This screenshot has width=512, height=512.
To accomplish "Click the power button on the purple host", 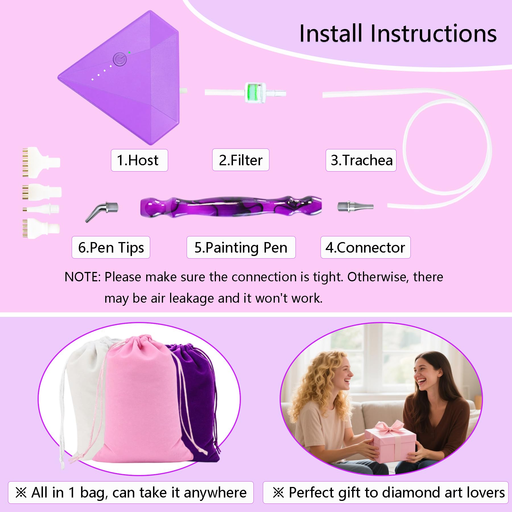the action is click(x=119, y=60).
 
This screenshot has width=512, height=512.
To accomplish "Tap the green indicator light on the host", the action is click(x=129, y=53).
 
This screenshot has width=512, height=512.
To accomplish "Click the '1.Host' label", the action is click(x=139, y=160).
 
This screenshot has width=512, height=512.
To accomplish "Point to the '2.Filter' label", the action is click(x=241, y=160).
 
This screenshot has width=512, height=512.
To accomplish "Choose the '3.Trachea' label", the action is click(x=361, y=160).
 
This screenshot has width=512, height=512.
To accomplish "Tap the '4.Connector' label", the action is click(x=366, y=247).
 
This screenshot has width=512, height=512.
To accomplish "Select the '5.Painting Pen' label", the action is click(x=241, y=247).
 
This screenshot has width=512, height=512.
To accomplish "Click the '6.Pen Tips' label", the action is click(x=111, y=247).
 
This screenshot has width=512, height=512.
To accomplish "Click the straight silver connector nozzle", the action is click(x=355, y=206).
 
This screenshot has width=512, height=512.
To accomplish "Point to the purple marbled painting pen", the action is click(x=231, y=207).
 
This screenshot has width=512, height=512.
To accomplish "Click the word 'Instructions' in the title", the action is click(x=433, y=34).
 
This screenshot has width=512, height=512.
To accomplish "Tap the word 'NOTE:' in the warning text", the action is click(x=82, y=277).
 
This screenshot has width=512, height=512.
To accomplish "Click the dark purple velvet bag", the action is click(x=196, y=401).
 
